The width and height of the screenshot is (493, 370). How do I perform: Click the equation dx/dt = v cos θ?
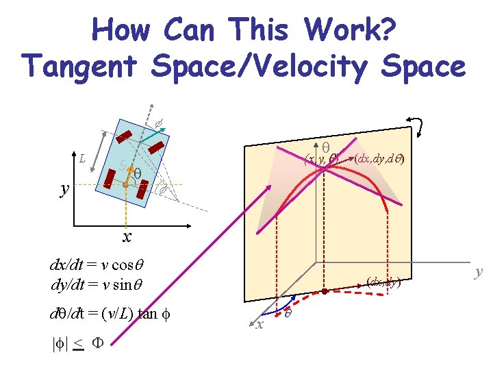100,264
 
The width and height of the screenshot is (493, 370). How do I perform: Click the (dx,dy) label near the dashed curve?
383,281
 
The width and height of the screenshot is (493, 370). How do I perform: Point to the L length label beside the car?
81,160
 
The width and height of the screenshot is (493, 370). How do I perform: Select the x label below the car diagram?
127,237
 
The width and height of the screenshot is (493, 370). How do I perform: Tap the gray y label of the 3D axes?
479,271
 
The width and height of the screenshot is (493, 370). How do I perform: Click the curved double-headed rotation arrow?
416,127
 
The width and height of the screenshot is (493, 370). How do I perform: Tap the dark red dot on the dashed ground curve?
325,291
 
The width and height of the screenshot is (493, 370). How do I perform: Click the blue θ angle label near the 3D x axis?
289,312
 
